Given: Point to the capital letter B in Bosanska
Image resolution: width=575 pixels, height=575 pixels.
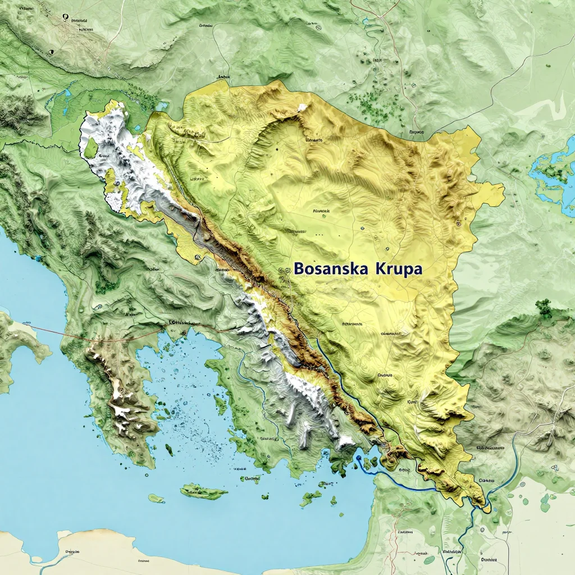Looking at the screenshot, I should (299, 269).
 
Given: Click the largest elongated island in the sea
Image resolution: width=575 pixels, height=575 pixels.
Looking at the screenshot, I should (204, 492).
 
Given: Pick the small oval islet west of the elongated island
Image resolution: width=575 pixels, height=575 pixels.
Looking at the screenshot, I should (156, 498).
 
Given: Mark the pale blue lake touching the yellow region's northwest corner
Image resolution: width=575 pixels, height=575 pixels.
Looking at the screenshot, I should (162, 105).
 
